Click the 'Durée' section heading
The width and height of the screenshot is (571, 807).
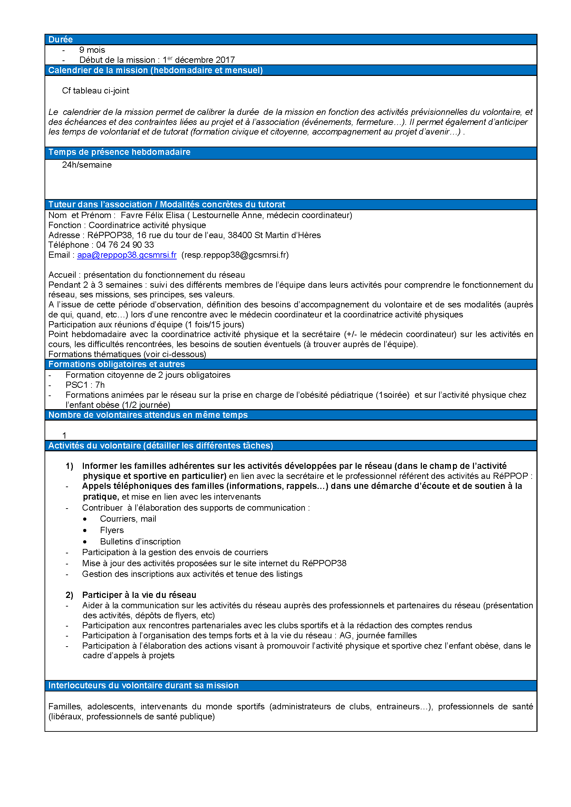click(x=60, y=39)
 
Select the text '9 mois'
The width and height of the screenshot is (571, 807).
click(x=92, y=50)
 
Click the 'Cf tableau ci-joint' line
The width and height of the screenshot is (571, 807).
click(x=95, y=91)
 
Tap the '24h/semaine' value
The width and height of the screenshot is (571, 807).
click(x=87, y=165)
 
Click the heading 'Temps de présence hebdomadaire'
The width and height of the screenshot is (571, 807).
click(x=119, y=152)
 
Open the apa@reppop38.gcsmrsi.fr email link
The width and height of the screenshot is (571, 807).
click(x=127, y=255)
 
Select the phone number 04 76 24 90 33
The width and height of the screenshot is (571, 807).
click(x=125, y=245)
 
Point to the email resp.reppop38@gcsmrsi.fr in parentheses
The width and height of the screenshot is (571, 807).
click(x=235, y=255)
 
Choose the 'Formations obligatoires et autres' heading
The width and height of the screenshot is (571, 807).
click(x=116, y=364)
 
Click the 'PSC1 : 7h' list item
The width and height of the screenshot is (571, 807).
click(x=85, y=385)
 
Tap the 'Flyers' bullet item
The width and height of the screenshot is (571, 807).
click(x=112, y=530)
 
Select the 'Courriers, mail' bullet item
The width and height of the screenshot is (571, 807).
click(x=128, y=519)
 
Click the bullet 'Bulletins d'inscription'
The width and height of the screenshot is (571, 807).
click(x=140, y=541)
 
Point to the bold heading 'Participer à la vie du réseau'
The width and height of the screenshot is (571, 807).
click(x=139, y=595)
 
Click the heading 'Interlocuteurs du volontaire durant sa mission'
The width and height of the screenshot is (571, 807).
click(x=144, y=686)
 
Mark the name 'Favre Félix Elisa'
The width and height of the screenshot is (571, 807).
click(x=152, y=215)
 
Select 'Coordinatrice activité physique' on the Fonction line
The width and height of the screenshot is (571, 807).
click(x=147, y=225)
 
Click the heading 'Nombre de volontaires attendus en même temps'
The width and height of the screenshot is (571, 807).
click(x=148, y=415)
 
